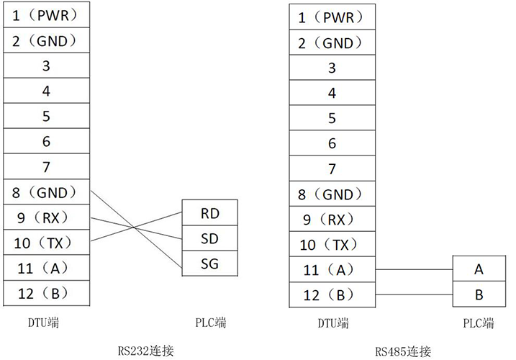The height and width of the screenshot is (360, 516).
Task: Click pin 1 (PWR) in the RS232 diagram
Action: (47, 14)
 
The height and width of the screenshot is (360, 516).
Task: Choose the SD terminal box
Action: (209, 238)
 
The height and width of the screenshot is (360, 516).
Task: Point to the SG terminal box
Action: (209, 264)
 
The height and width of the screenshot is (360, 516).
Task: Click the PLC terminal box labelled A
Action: (479, 269)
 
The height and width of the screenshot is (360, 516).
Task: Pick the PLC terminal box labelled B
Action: (479, 294)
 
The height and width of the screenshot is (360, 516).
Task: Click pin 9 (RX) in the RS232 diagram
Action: (47, 217)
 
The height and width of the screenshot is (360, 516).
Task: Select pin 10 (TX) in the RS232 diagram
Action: (47, 243)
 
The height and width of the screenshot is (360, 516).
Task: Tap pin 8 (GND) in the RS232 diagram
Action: (47, 192)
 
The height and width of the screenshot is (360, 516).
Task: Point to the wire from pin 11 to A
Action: (414, 269)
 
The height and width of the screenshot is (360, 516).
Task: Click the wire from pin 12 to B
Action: (414, 294)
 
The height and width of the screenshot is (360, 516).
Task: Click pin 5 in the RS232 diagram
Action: (47, 115)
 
